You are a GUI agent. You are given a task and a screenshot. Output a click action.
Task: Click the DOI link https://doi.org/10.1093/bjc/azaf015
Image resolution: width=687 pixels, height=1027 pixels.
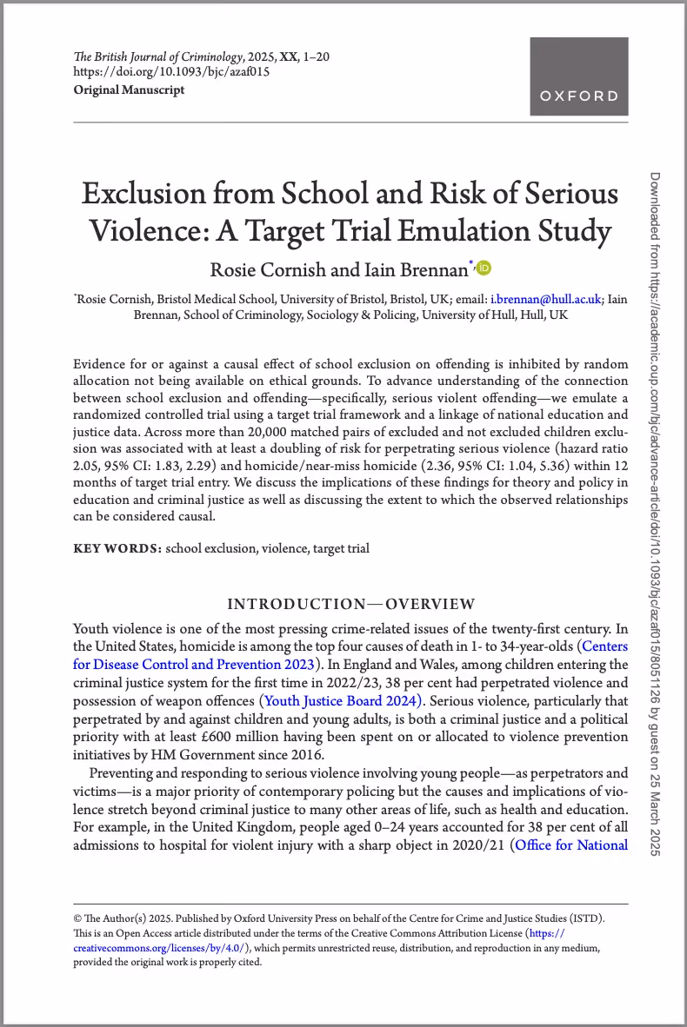(x=171, y=72)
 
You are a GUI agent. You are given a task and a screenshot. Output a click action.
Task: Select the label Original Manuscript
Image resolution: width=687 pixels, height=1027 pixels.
(x=129, y=89)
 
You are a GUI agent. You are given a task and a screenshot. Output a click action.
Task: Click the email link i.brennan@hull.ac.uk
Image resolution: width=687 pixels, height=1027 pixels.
(x=546, y=299)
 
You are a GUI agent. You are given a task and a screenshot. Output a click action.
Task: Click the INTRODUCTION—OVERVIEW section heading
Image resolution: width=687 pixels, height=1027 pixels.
(x=350, y=604)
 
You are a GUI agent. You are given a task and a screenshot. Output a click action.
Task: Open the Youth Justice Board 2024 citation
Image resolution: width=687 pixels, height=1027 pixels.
(x=342, y=700)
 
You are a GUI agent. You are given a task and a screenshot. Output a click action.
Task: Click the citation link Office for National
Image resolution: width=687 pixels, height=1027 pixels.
(x=571, y=845)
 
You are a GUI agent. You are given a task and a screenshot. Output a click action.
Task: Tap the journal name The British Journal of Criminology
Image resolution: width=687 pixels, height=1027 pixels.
(x=150, y=57)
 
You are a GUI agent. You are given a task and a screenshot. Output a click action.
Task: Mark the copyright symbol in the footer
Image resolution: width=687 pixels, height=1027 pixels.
(x=77, y=918)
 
